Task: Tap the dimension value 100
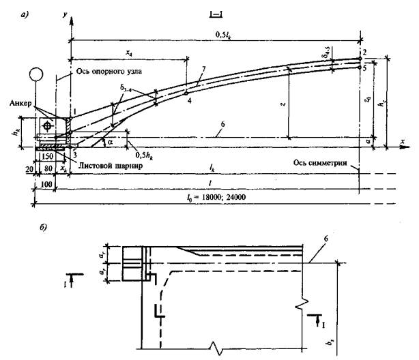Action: [x=45, y=184]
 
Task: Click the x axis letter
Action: [x=402, y=140]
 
